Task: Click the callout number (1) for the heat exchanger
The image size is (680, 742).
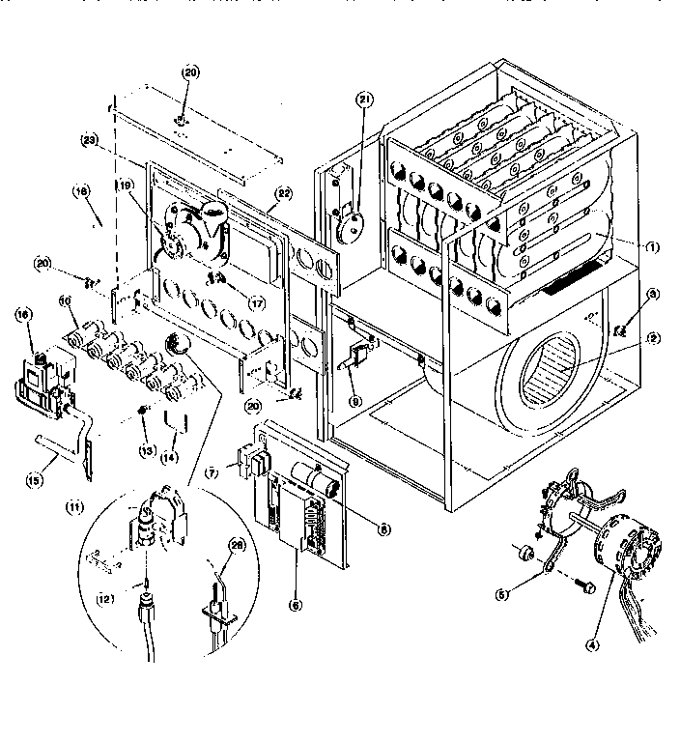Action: coord(653,246)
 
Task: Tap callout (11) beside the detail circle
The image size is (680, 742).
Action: coord(73,505)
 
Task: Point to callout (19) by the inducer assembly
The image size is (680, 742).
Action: coord(125,185)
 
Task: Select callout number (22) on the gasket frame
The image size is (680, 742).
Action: coord(284,193)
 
